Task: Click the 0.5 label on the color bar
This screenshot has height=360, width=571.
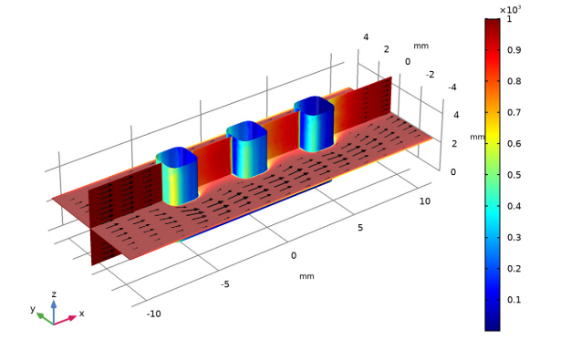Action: (x=514, y=175)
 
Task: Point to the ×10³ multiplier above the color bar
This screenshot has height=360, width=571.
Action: (x=510, y=9)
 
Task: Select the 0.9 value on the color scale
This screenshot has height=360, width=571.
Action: (x=514, y=50)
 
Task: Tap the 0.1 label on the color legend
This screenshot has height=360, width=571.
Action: (x=514, y=300)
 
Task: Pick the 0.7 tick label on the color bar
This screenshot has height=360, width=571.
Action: (x=514, y=112)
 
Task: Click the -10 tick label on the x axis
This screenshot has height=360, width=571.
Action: (x=153, y=314)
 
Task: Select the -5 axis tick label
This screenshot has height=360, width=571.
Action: (x=225, y=284)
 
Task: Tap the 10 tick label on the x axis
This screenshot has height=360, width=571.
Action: (x=425, y=201)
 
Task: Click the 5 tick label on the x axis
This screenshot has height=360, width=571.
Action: (x=360, y=228)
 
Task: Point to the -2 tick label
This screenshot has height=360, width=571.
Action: (x=430, y=75)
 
